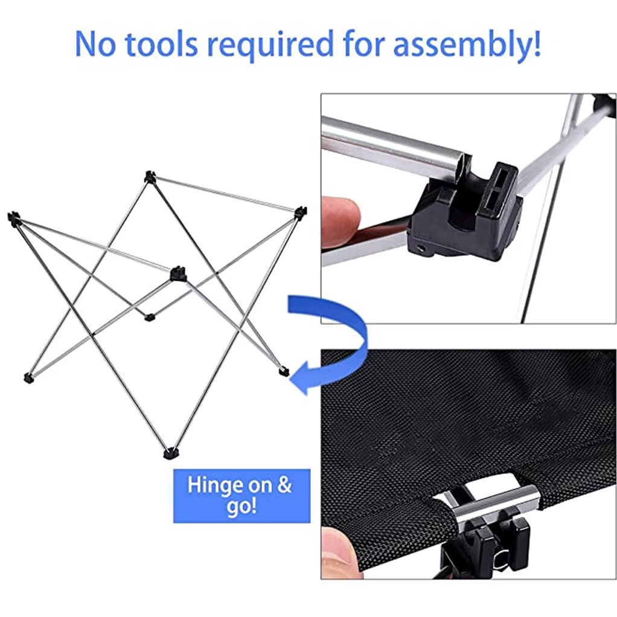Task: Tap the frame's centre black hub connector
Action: pyautogui.click(x=177, y=274)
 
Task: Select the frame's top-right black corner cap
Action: pyautogui.click(x=300, y=213)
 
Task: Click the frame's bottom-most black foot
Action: pyautogui.click(x=171, y=453)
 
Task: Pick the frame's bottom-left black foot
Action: pyautogui.click(x=28, y=379)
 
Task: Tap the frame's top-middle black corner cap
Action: pyautogui.click(x=150, y=176)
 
